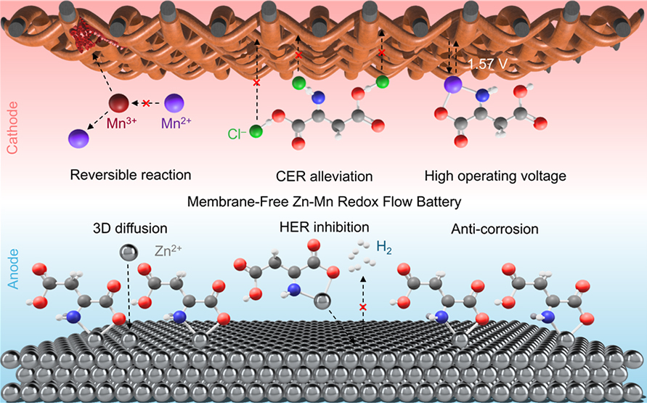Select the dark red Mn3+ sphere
point(119,103)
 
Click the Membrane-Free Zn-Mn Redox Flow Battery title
point(324,202)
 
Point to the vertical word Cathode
point(11,127)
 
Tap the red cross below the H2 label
point(364,308)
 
